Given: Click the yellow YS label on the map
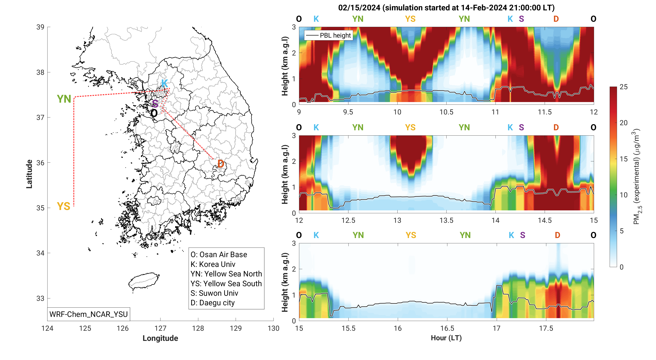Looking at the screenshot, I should [63, 206].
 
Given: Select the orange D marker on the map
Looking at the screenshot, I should [221, 164].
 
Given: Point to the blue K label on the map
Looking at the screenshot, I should [164, 83].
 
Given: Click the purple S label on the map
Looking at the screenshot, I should [155, 104].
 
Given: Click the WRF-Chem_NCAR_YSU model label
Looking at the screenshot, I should [88, 314].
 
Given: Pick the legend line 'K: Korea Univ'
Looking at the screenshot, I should [213, 264].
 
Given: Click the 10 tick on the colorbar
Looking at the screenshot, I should [623, 195].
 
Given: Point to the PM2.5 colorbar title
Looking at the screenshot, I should [637, 177].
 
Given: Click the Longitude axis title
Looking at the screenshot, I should [160, 338].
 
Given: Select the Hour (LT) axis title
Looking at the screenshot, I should [446, 338].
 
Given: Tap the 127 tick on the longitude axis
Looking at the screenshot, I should [160, 328].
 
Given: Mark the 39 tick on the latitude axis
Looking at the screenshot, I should [40, 27].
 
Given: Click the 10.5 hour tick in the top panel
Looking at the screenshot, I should [446, 112].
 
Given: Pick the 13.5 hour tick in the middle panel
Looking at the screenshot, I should [446, 220].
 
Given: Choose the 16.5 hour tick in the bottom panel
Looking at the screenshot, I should [447, 328].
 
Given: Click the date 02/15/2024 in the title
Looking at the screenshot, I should [359, 8].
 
